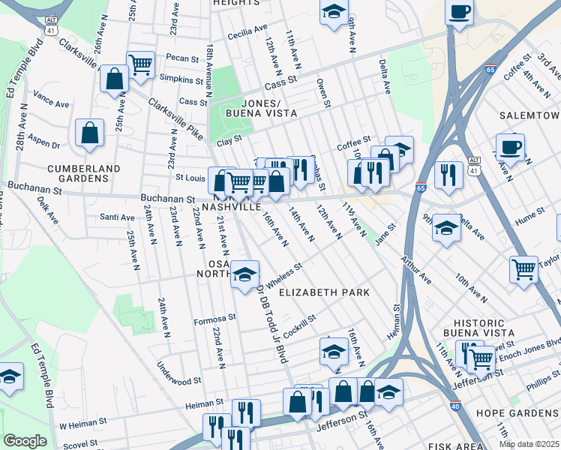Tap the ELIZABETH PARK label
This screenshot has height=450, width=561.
coord(324,292)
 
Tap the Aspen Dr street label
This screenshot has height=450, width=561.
coord(43,140)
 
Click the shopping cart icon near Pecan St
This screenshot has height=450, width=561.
coord(140,64)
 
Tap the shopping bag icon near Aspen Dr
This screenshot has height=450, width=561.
coord(90,133)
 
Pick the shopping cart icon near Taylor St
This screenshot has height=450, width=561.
coord(523,268)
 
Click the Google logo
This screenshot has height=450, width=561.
coord(25,441)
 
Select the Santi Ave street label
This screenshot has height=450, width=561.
coord(117,217)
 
